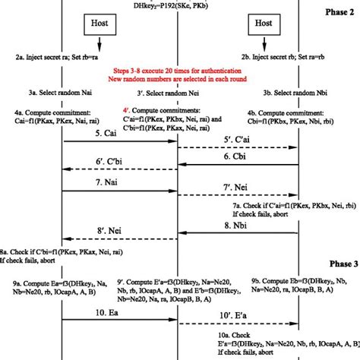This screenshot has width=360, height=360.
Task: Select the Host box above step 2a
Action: point(98,24)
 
